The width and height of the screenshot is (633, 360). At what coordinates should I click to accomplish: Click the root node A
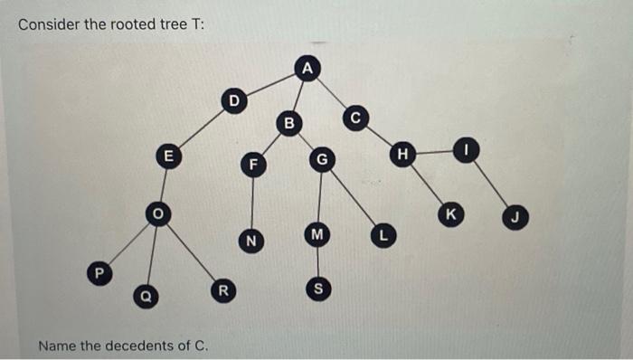click(308, 68)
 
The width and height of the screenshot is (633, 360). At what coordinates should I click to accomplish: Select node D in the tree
click(234, 100)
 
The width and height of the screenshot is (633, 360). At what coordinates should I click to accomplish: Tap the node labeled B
click(289, 121)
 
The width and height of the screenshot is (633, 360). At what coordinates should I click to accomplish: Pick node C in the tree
click(355, 118)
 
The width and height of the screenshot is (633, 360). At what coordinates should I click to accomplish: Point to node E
click(166, 155)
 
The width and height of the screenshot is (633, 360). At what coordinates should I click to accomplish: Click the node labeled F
click(254, 165)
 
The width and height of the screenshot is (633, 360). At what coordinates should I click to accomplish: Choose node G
click(320, 161)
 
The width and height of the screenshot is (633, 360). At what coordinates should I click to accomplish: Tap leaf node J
click(515, 217)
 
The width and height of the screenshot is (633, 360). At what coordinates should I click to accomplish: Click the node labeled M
click(316, 234)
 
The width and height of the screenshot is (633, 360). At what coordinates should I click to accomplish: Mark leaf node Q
click(143, 294)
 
